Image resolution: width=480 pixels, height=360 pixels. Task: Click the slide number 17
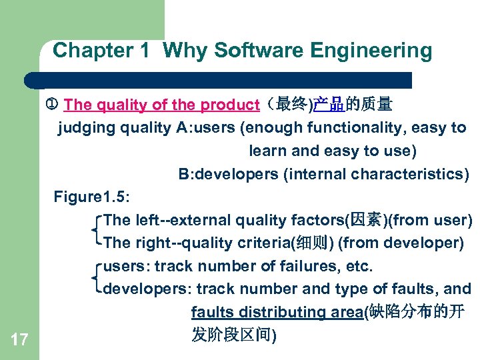pos(20,341)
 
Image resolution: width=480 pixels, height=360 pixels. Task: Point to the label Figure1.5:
pos(92,197)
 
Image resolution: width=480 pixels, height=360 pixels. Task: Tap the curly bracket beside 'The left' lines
pos(98,231)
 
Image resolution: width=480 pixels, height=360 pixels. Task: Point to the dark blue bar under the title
pos(220,81)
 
